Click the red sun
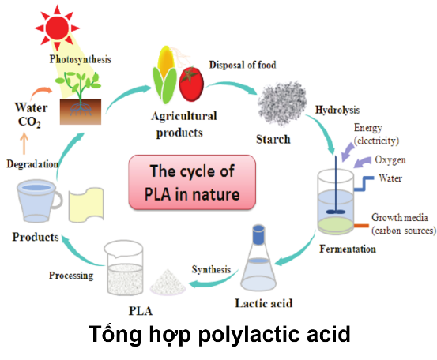pyautogui.click(x=57, y=28)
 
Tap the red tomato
pyautogui.click(x=191, y=84)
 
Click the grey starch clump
pyautogui.click(x=282, y=103)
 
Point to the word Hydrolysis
pyautogui.click(x=337, y=110)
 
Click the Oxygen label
pyautogui.click(x=390, y=160)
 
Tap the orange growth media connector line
pyautogui.click(x=361, y=226)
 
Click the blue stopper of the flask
pyautogui.click(x=258, y=234)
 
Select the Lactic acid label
pyautogui.click(x=264, y=303)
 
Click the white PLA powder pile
pyautogui.click(x=168, y=282)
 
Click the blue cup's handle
pyautogui.click(x=58, y=200)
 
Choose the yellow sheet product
pyautogui.click(x=86, y=204)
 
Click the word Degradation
pyautogui.click(x=32, y=164)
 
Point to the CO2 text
pyautogui.click(x=29, y=122)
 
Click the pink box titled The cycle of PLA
pyautogui.click(x=192, y=182)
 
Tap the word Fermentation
pyautogui.click(x=348, y=249)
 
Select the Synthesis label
pyautogui.click(x=211, y=269)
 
